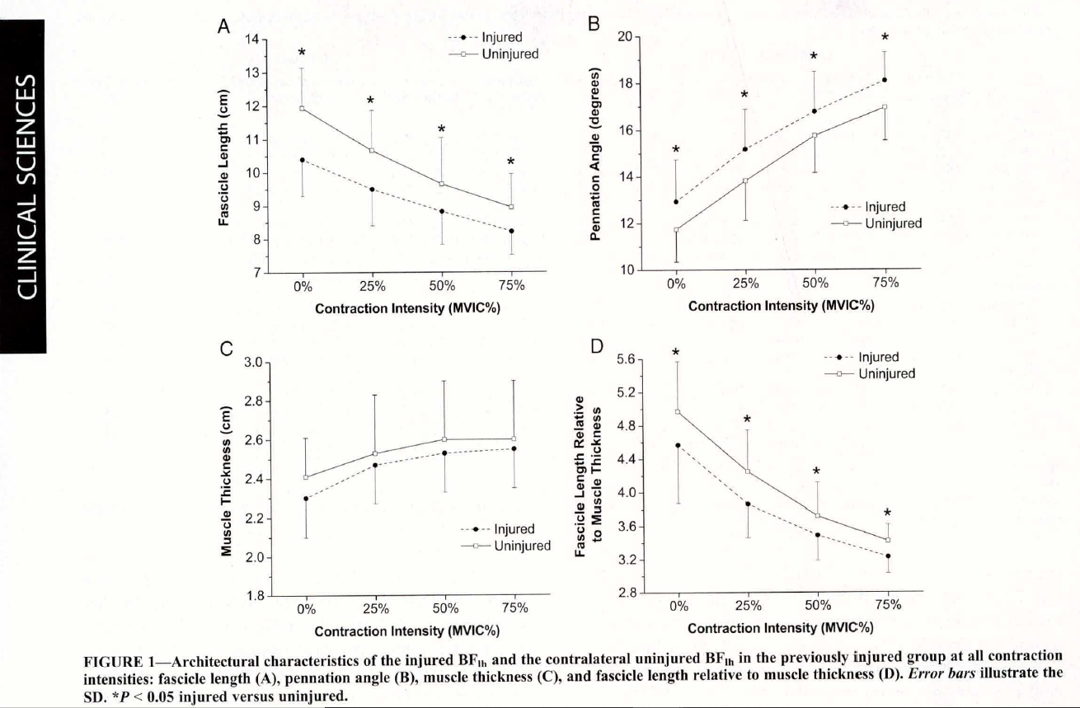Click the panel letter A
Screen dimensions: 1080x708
pos(223,26)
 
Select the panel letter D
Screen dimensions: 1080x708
pos(597,346)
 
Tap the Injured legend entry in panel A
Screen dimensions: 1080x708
pos(485,37)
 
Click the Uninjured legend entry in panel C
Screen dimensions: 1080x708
pos(505,546)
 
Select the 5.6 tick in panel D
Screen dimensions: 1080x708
pos(626,359)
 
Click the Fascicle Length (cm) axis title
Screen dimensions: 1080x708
pos(223,157)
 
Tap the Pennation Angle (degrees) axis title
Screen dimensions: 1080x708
pos(595,154)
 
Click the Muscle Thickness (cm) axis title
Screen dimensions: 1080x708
pos(226,481)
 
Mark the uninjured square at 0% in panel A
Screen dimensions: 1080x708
pos(303,109)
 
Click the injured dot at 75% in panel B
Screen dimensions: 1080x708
pos(885,80)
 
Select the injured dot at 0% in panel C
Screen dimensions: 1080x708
pos(306,499)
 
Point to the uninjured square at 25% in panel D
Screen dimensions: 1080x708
pos(748,471)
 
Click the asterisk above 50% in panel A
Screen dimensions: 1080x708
pos(441,129)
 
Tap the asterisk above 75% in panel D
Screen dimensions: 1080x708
pos(888,513)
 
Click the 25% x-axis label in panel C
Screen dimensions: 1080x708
pos(376,609)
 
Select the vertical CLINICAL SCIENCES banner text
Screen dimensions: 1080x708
pos(26,187)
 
